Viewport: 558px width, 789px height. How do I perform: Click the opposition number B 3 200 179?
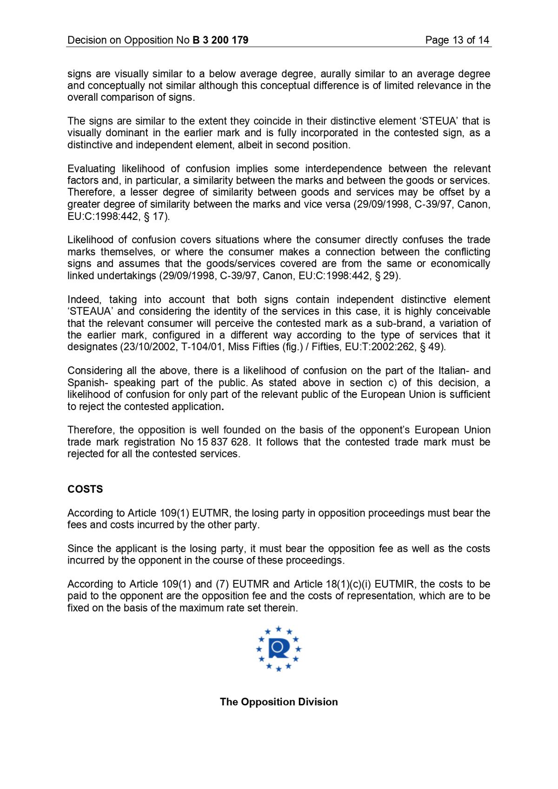(220, 40)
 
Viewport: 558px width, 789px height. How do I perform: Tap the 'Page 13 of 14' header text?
(457, 40)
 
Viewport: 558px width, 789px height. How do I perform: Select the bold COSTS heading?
(85, 489)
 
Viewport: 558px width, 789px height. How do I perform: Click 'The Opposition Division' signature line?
(279, 702)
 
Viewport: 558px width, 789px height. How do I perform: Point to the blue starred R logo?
(279, 649)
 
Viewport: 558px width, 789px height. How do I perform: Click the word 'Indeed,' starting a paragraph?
(82, 299)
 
